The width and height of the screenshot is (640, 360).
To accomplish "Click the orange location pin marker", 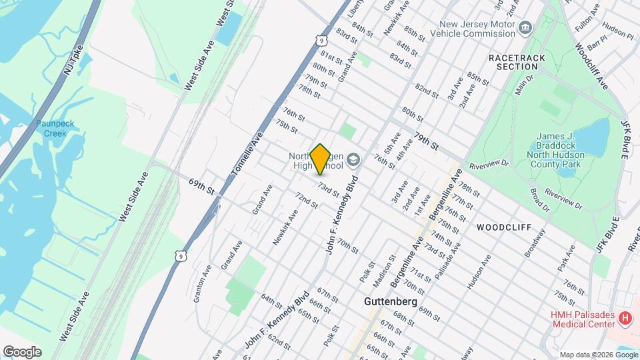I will point(320,159).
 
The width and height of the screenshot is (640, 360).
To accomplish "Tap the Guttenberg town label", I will point(391,302).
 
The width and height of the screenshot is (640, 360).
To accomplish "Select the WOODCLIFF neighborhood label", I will point(504,227).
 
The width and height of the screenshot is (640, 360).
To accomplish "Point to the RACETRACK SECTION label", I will point(517,63).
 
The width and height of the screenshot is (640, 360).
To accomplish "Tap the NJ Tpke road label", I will point(73,59).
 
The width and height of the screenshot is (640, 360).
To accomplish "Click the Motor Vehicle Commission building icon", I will point(527,27).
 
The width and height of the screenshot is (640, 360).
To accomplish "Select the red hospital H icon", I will point(625,319).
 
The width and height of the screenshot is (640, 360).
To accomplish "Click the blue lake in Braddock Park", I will point(591,137).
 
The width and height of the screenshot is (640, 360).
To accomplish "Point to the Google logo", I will point(21,351).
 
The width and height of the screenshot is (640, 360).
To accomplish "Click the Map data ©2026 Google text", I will point(598,355).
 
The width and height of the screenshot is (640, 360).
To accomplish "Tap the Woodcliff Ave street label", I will point(590,67).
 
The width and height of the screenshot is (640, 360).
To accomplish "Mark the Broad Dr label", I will point(539,199).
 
